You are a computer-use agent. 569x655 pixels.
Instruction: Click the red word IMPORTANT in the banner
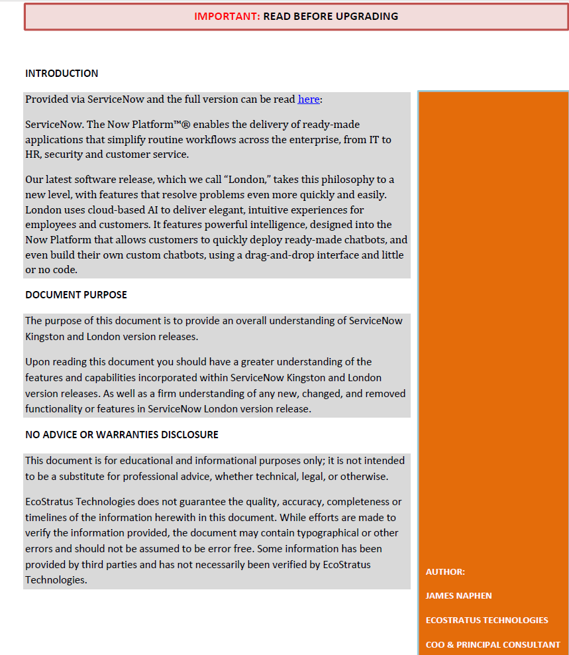(x=227, y=16)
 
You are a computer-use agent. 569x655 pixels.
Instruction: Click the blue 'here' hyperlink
(x=309, y=99)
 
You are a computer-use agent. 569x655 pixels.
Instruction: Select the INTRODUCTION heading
(x=62, y=74)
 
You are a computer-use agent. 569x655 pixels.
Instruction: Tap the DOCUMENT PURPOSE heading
(x=76, y=294)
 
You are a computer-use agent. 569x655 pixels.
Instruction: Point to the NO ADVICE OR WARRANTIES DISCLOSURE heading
(x=122, y=435)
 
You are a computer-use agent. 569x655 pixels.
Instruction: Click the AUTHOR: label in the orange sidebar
(x=445, y=571)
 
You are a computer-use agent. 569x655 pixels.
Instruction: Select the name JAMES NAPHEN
(x=458, y=595)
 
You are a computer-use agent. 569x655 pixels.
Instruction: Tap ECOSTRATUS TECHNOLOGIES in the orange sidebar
(x=487, y=620)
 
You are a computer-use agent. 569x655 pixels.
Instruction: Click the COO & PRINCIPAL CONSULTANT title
(x=493, y=644)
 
